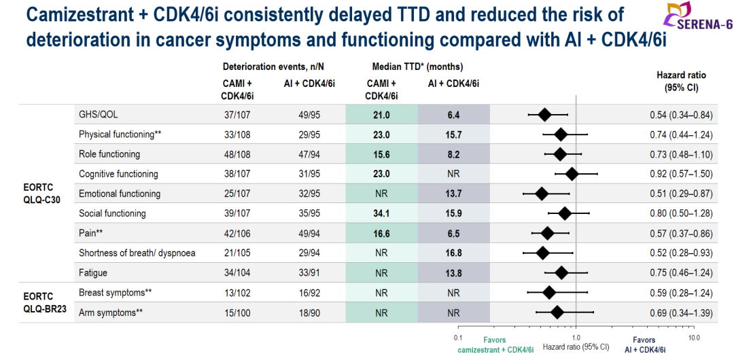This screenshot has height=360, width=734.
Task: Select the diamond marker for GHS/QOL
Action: point(544,115)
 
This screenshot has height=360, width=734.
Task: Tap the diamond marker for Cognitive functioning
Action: point(572,175)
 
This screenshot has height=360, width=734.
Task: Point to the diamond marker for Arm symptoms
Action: point(557,313)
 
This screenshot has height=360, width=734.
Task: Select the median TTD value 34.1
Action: point(381,213)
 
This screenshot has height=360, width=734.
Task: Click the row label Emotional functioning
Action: point(120,194)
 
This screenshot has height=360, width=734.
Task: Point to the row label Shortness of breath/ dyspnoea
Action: point(137,253)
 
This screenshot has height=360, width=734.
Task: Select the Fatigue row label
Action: point(93,273)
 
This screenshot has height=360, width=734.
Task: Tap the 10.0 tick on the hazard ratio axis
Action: point(693,337)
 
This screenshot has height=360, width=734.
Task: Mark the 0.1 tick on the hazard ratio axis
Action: point(458,337)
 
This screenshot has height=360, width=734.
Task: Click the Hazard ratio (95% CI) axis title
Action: point(576,347)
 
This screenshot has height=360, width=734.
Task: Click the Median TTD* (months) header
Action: point(417,67)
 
